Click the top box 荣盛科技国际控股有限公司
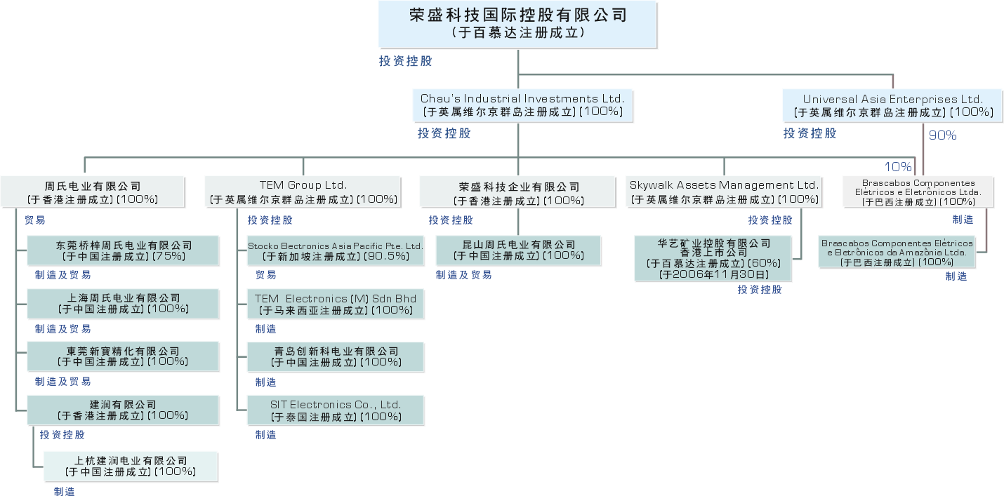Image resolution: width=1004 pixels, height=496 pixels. [517, 23]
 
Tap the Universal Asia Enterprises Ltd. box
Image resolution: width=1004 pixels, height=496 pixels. [893, 105]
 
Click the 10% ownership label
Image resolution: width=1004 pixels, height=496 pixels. [897, 167]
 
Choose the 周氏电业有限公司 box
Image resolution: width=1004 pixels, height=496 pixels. [93, 193]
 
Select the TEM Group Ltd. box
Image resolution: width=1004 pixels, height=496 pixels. [303, 192]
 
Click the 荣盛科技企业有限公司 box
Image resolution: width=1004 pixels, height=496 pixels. [520, 193]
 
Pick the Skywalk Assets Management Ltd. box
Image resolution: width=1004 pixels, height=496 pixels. [724, 192]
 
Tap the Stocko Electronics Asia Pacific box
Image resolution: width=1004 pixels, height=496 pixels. [336, 251]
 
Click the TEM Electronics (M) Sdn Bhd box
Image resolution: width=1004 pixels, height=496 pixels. [336, 304]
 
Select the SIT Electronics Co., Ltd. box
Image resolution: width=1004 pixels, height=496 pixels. [336, 410]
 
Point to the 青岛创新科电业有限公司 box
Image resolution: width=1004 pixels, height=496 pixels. [336, 357]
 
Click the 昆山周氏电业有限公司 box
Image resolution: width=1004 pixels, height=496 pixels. [519, 250]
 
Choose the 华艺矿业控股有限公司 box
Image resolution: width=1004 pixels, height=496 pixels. [713, 258]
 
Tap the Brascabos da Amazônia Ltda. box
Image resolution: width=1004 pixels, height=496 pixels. [897, 252]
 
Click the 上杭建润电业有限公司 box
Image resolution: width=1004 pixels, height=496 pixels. [131, 467]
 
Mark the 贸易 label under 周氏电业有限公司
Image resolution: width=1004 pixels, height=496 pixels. [35, 220]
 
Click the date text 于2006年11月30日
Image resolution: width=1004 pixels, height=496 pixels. [713, 274]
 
